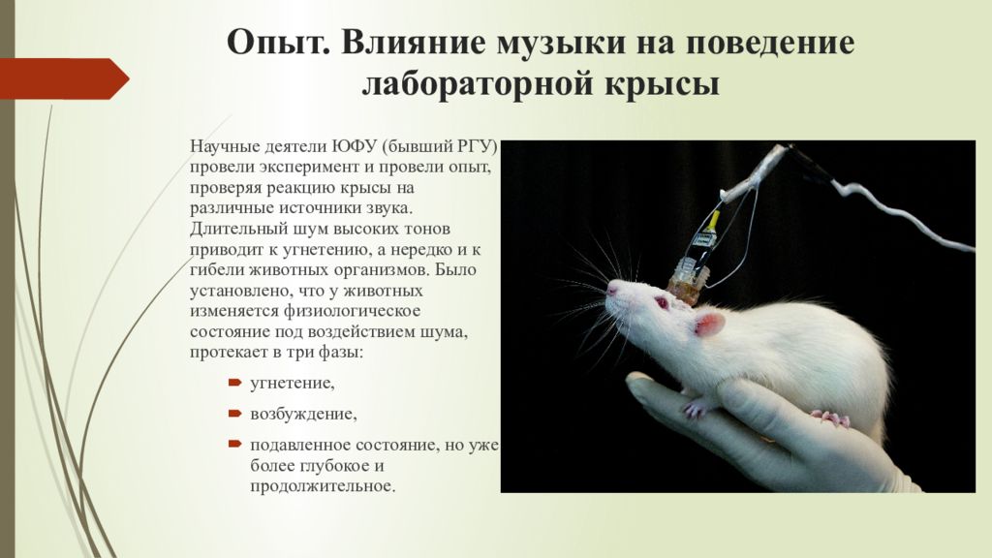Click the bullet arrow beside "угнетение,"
[x=234, y=384]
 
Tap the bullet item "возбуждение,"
[x=303, y=415]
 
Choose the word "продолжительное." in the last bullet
[x=324, y=486]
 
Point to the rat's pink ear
[x=710, y=323]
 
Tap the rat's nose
[x=610, y=288]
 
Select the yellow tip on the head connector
[x=715, y=217]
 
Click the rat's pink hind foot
[x=832, y=418]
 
